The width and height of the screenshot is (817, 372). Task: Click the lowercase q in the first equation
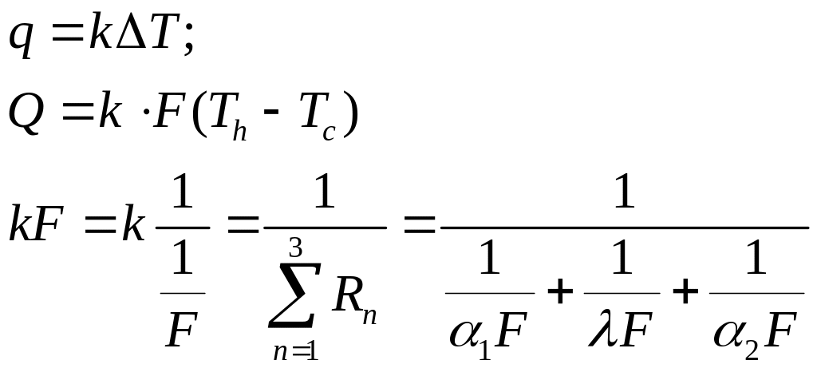(x=21, y=42)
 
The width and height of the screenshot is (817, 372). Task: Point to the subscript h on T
(x=239, y=130)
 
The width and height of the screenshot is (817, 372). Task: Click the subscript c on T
(x=328, y=133)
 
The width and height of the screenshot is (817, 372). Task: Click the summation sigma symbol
(x=294, y=295)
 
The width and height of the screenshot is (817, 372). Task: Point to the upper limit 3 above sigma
(x=295, y=248)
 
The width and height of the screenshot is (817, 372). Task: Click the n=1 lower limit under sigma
(x=296, y=352)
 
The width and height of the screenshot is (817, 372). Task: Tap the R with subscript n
(x=354, y=304)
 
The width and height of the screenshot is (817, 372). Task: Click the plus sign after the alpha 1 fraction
(x=560, y=293)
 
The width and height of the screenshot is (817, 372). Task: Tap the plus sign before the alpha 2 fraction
(x=685, y=293)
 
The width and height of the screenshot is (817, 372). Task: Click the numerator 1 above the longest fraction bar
(x=624, y=192)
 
